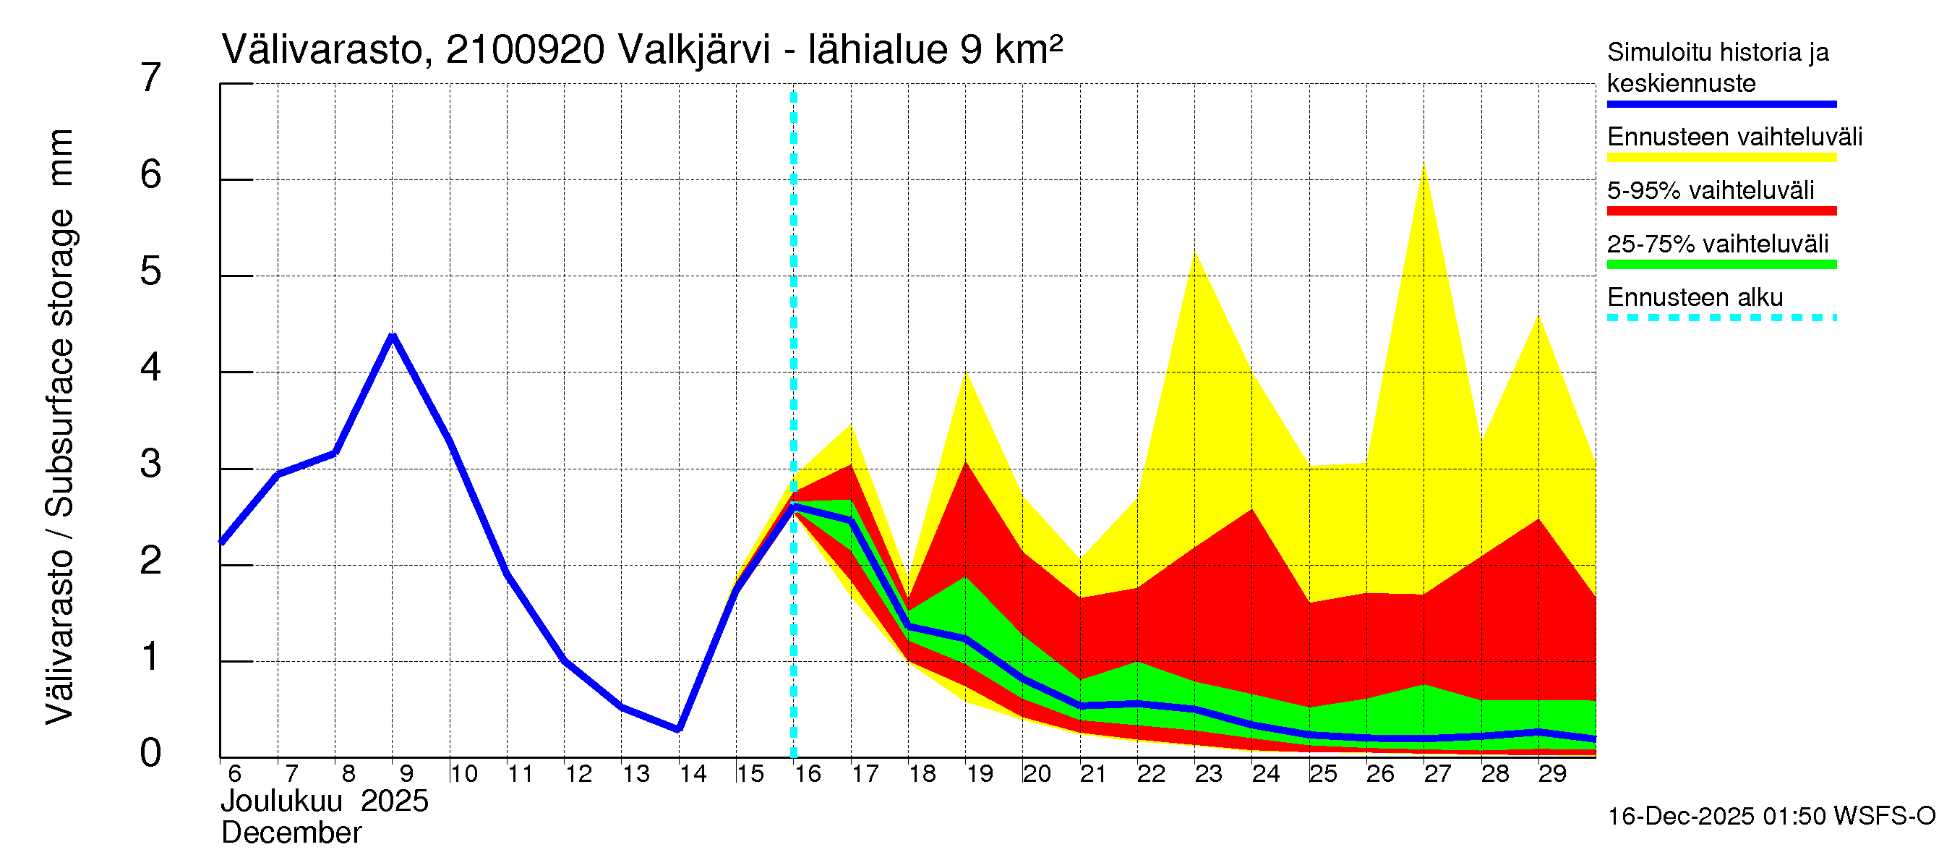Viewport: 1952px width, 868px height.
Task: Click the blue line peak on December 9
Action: pyautogui.click(x=392, y=335)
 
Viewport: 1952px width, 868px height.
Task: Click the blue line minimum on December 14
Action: pyautogui.click(x=679, y=729)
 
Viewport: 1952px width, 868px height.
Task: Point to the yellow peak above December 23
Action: pyautogui.click(x=1195, y=253)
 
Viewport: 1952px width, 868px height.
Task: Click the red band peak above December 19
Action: pyautogui.click(x=965, y=462)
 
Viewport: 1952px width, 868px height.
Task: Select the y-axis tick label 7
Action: pyautogui.click(x=151, y=78)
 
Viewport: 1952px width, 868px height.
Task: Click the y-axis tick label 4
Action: pyautogui.click(x=151, y=367)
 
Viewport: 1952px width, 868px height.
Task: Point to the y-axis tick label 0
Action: pyautogui.click(x=151, y=753)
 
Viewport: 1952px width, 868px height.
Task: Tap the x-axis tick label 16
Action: pyautogui.click(x=807, y=774)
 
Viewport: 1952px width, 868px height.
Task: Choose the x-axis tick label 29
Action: pyautogui.click(x=1551, y=774)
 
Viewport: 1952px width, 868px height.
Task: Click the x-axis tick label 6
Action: pyautogui.click(x=234, y=774)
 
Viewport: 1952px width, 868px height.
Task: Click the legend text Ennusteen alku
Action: pyautogui.click(x=1695, y=297)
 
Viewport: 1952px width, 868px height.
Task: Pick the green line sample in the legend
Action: pyautogui.click(x=1721, y=265)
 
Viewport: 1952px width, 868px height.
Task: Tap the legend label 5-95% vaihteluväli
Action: pyautogui.click(x=1711, y=190)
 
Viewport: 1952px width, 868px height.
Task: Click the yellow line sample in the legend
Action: pyautogui.click(x=1721, y=158)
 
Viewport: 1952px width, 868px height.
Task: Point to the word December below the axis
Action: pyautogui.click(x=291, y=833)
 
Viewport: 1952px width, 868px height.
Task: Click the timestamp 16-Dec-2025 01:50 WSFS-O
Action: pyautogui.click(x=1771, y=816)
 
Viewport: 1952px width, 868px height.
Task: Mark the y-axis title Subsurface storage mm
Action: pyautogui.click(x=61, y=326)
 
